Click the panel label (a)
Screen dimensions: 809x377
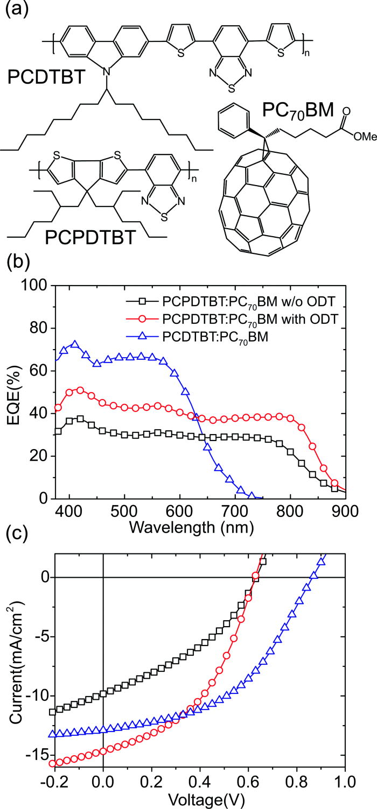point(15,10)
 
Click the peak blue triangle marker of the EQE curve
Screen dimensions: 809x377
point(75,344)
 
